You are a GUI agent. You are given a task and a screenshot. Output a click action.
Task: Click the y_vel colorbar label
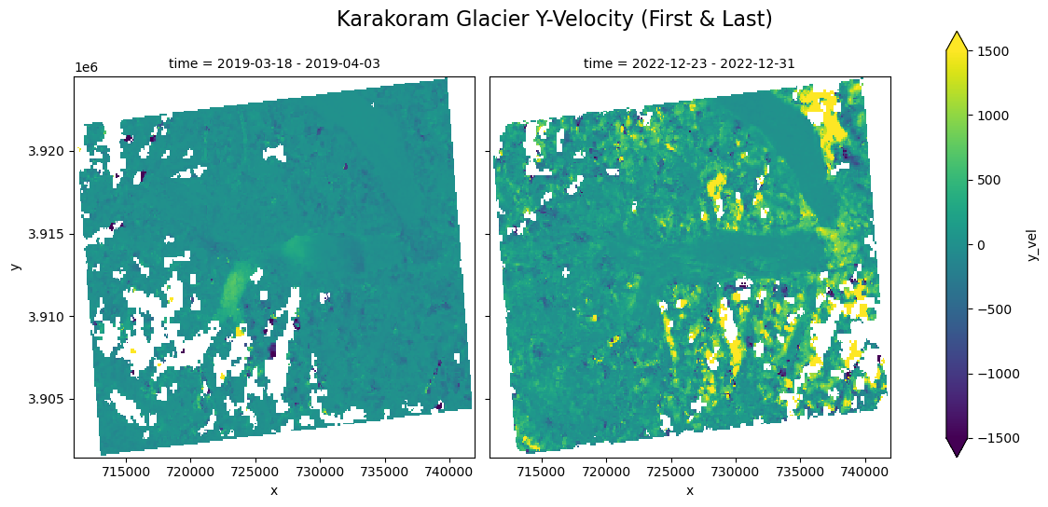click(x=1032, y=244)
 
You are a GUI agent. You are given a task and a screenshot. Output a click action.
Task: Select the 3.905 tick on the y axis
click(x=53, y=399)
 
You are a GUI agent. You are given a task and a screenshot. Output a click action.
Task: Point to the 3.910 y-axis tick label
click(x=53, y=317)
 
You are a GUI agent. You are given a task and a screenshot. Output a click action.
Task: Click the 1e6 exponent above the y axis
click(x=87, y=68)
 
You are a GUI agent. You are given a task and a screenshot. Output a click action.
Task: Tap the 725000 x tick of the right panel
click(x=671, y=473)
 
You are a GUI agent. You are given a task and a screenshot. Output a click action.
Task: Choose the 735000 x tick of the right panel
click(x=801, y=473)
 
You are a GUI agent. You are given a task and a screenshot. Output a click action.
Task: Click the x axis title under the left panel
click(x=274, y=491)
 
